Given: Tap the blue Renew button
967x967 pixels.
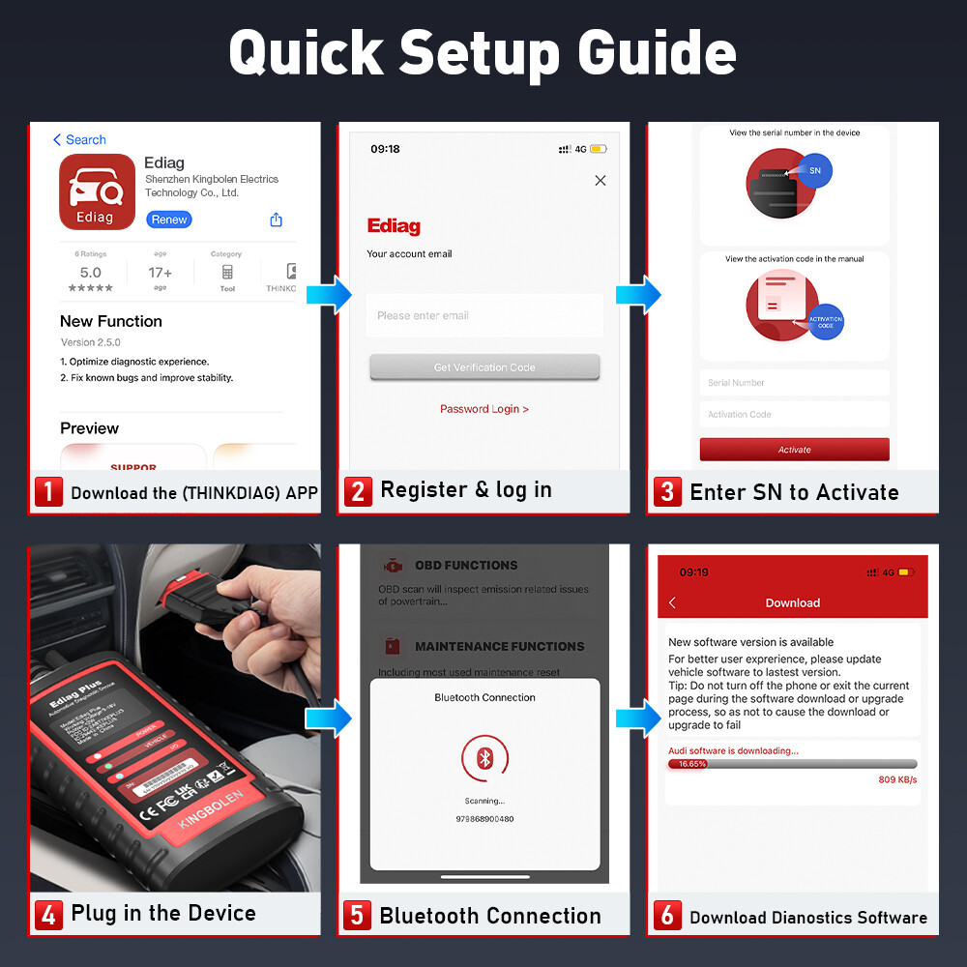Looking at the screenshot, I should pyautogui.click(x=169, y=220).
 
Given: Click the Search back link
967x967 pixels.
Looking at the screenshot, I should pyautogui.click(x=79, y=140).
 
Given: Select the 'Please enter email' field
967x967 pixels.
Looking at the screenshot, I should pyautogui.click(x=483, y=315).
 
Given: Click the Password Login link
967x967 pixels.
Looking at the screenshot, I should pyautogui.click(x=484, y=409).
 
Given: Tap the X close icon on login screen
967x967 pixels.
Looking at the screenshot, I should pyautogui.click(x=601, y=181).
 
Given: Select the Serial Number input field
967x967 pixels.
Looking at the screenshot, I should pyautogui.click(x=794, y=383).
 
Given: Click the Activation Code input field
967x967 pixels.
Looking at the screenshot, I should pyautogui.click(x=794, y=414).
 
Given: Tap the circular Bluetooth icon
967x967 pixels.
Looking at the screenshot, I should pyautogui.click(x=484, y=758).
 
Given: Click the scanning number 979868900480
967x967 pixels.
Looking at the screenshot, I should pyautogui.click(x=484, y=819).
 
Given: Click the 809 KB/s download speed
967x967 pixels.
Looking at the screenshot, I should pyautogui.click(x=897, y=779).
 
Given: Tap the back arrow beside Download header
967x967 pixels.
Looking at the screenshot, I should pyautogui.click(x=673, y=602).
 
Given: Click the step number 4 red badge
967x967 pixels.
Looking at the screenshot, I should pyautogui.click(x=48, y=914).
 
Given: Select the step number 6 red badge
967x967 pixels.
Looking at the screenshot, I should pyautogui.click(x=667, y=915).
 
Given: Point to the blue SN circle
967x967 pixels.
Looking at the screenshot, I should pyautogui.click(x=814, y=170).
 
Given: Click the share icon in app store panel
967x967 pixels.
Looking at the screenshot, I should pyautogui.click(x=277, y=220).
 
